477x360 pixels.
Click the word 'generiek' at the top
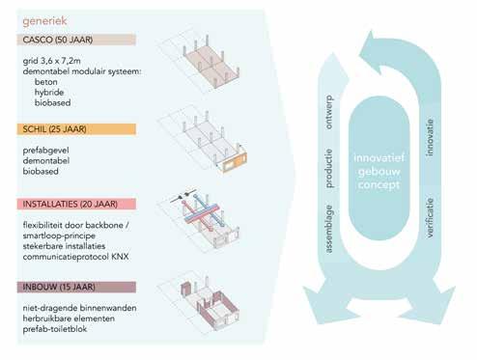(44, 21)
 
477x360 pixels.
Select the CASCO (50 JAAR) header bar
(76, 40)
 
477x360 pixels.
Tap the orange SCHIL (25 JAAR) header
(76, 129)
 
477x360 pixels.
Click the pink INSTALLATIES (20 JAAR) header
(76, 204)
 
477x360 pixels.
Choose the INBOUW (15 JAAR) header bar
(76, 287)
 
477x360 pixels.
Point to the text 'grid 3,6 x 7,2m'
(52, 61)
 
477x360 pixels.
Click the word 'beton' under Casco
(46, 82)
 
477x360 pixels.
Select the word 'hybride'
(49, 93)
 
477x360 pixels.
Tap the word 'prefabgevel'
(45, 151)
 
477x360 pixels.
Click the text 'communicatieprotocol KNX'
(75, 257)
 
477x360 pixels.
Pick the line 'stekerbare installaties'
(64, 246)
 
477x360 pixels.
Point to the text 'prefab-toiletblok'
(55, 329)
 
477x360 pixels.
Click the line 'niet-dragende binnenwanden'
(79, 308)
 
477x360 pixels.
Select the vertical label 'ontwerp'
(329, 112)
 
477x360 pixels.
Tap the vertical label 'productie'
(329, 168)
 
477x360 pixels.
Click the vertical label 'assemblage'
(329, 229)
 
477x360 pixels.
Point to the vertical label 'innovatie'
(430, 138)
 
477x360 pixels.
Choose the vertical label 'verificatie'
(430, 218)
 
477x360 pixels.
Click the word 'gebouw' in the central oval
(379, 172)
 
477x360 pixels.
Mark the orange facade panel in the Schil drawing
(236, 163)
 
